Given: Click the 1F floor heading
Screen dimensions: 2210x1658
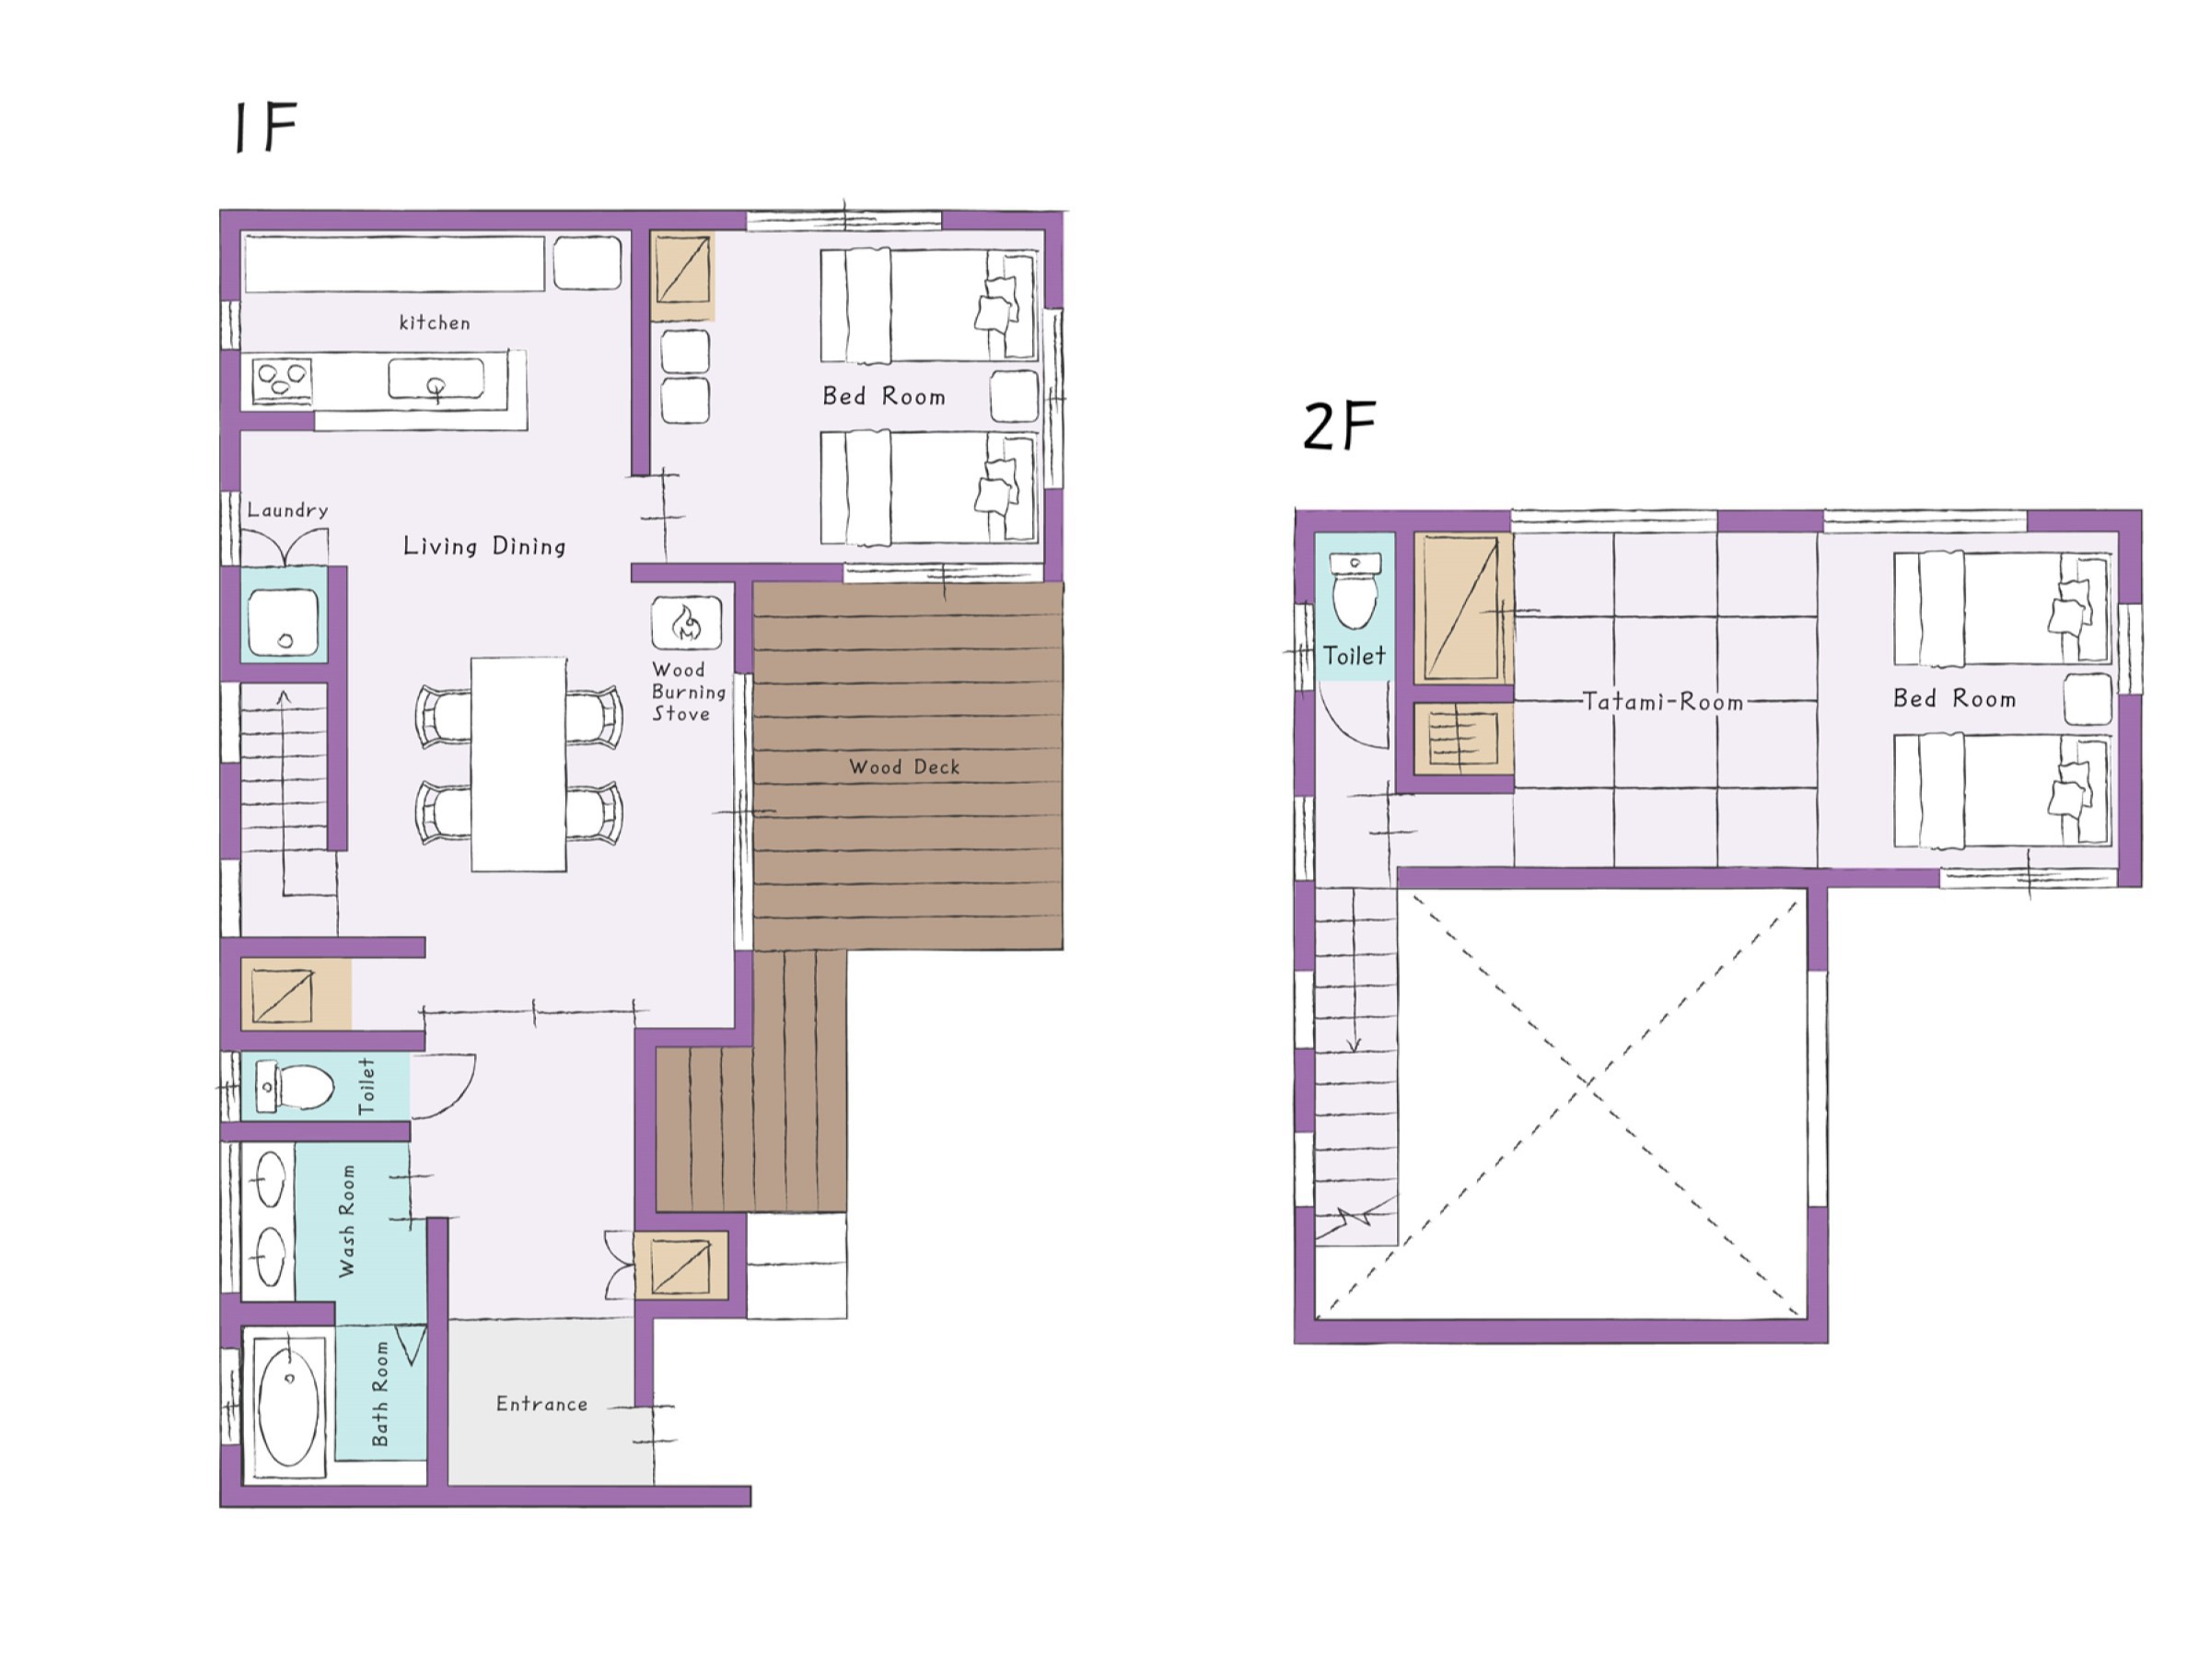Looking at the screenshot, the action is point(265,127).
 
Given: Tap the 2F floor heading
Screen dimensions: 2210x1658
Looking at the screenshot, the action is point(1340,426).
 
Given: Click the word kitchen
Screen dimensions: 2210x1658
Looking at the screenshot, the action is point(435,322).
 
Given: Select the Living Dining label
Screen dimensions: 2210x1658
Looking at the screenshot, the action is point(484,545).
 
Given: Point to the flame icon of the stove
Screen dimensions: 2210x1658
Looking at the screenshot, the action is point(686,624).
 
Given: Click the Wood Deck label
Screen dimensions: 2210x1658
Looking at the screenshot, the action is point(904,766).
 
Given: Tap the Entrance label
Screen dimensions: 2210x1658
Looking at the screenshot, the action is point(541,1404).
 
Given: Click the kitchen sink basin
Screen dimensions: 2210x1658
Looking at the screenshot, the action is point(436,380).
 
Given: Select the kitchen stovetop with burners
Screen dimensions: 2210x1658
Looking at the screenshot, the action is point(282,380).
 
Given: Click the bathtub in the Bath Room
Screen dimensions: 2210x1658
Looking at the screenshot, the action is point(289,1404).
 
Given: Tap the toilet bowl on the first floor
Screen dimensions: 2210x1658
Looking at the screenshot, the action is point(304,1086).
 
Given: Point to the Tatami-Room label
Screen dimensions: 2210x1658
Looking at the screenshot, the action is point(1664,702).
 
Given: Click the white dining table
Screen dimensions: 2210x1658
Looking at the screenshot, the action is point(518,765).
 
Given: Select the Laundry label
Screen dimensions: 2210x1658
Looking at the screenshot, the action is point(287,509).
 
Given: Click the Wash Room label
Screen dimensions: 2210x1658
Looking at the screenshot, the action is point(346,1220).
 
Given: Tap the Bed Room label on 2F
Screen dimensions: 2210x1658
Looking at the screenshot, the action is point(1954,698).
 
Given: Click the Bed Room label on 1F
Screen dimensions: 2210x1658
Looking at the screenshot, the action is point(884,397).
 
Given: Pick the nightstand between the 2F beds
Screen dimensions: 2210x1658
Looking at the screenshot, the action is point(2088,698).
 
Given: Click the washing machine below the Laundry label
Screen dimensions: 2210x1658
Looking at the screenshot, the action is point(284,623).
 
